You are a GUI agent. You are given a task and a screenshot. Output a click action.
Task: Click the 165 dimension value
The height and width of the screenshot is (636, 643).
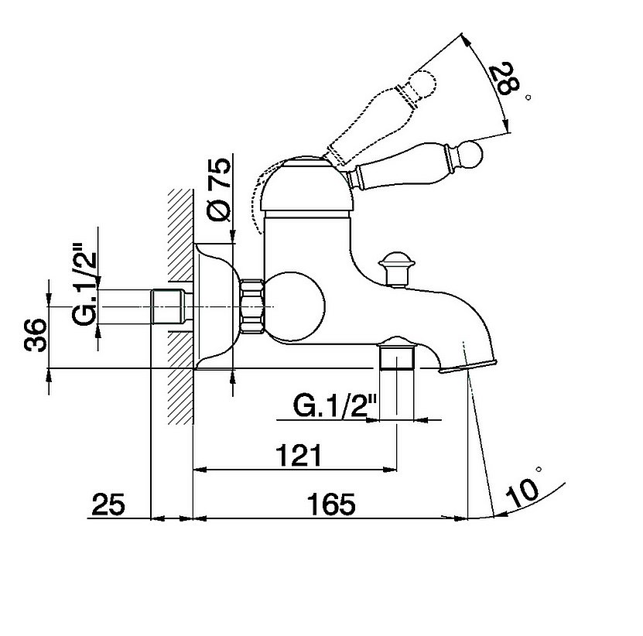pos(331,504)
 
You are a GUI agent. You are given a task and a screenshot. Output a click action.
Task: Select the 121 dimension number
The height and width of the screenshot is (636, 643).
pos(298,455)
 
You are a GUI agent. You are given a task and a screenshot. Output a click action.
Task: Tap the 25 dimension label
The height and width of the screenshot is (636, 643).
pos(108,504)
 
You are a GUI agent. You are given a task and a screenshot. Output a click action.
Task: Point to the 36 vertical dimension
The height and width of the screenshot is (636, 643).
pos(36,334)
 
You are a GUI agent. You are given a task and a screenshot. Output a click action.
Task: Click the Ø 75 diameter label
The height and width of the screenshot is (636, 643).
pos(220,189)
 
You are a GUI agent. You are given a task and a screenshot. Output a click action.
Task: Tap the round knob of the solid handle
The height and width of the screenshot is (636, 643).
pos(470,154)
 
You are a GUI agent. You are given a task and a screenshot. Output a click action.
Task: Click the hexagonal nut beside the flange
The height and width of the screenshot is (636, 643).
pos(251,306)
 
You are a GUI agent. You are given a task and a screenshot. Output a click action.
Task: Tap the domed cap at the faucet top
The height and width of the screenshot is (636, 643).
pos(307,183)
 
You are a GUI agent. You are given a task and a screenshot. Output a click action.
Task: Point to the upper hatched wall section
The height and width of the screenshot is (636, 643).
pos(180,235)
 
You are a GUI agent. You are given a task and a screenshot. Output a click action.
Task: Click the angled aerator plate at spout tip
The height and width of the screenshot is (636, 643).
pos(467,366)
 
